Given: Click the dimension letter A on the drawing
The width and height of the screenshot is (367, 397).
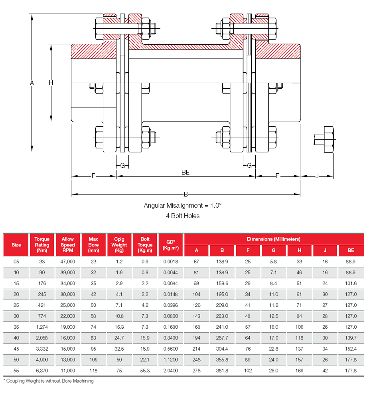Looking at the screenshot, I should (32, 83).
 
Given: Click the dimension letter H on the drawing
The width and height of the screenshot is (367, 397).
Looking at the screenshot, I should (51, 83).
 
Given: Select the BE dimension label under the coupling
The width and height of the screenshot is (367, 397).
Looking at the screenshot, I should (185, 172).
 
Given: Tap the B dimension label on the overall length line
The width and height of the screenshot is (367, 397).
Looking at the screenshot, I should (185, 195).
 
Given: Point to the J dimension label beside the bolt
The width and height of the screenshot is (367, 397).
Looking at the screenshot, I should (317, 176).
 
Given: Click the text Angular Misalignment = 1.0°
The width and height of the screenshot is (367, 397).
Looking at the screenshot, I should (183, 205).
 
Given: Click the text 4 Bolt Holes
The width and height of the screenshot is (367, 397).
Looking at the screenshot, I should (183, 216).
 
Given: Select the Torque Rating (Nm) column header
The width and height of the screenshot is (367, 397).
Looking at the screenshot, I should (42, 245).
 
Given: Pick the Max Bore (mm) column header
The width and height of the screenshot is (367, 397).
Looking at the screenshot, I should (94, 245).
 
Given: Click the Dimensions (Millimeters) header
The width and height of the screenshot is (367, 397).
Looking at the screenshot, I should (274, 239).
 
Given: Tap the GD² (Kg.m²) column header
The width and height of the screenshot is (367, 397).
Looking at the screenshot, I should (170, 245).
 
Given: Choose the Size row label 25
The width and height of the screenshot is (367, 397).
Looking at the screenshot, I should (16, 305).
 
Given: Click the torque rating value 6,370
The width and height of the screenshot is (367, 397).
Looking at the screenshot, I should (42, 370).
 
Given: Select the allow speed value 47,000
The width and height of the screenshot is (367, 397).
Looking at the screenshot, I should (68, 262).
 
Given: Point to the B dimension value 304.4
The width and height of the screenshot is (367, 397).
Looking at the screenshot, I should (222, 349).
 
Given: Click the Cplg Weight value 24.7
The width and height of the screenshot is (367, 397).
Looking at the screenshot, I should (119, 337).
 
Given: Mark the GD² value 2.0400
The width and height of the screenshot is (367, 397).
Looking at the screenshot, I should (170, 370).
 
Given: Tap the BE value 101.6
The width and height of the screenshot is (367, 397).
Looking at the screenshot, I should (351, 283).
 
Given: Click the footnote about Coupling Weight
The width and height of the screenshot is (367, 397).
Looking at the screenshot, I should (49, 381).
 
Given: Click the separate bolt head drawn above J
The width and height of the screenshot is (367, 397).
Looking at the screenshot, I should (328, 139).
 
